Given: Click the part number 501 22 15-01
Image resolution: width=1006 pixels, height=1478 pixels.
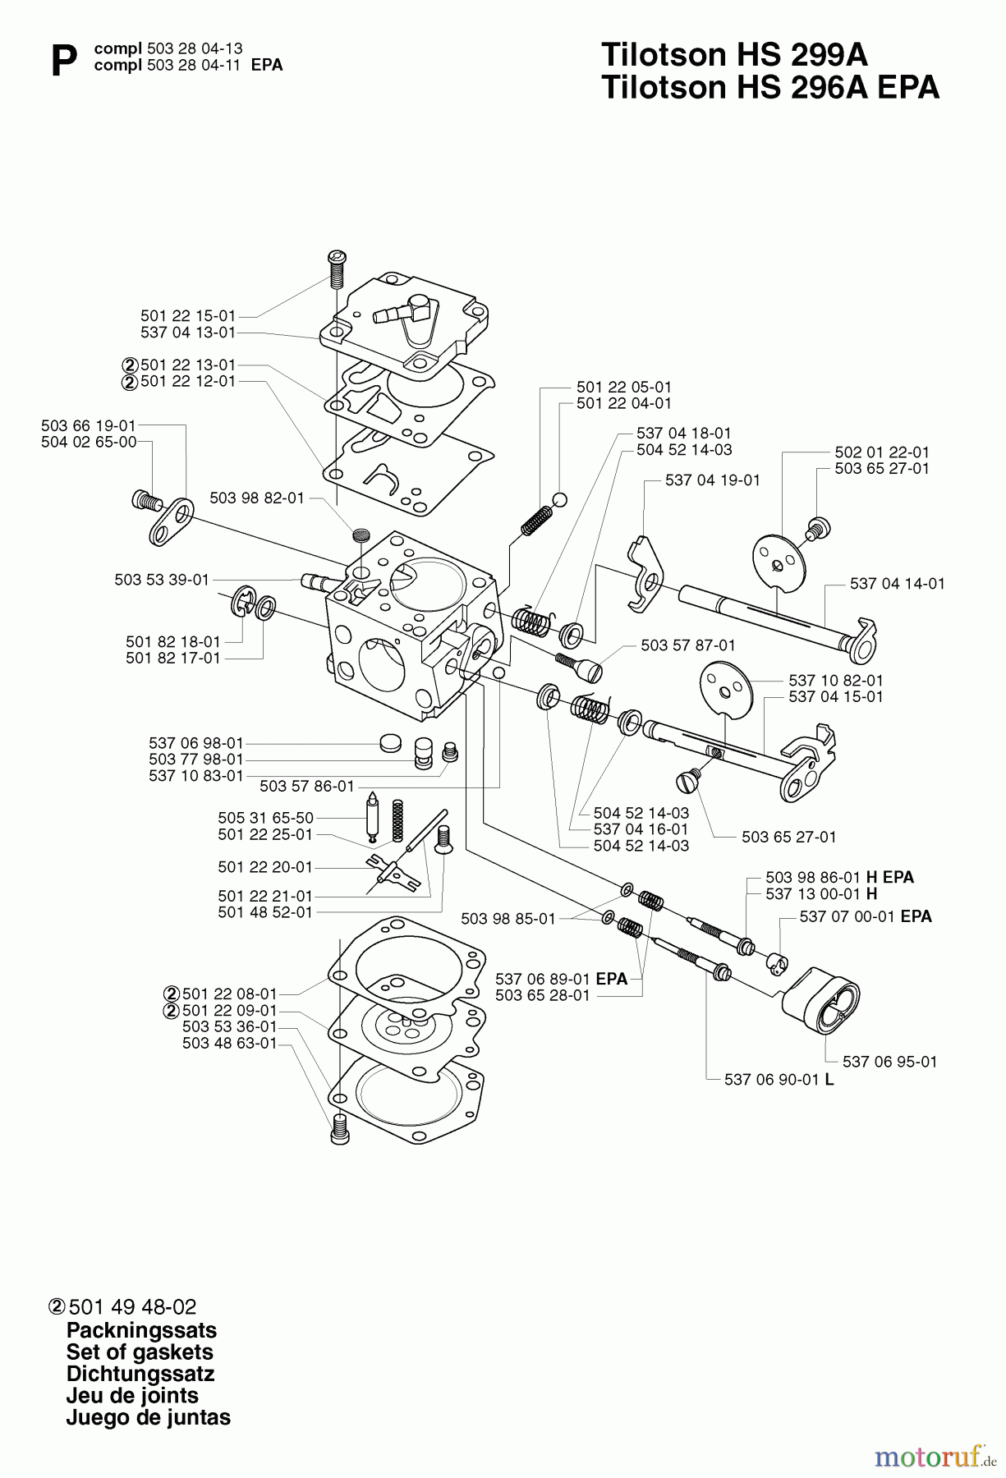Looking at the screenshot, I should coord(188,315).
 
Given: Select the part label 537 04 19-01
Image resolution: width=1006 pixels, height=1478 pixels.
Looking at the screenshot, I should coord(713,480).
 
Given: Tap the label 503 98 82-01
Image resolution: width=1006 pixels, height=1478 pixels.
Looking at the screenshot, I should coord(257,498).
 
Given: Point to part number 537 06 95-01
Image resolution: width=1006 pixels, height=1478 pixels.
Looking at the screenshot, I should coord(889,1062).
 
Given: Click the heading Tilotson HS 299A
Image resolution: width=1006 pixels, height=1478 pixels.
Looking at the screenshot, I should coord(734,55).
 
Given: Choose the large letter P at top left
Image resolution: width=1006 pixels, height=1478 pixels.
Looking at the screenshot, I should coord(63,62).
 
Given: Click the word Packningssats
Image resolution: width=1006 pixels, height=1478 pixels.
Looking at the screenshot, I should coord(141,1330).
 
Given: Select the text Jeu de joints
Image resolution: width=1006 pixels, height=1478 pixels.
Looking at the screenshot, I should coord(132,1395).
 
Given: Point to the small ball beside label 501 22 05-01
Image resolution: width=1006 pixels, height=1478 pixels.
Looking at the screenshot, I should coord(559,499).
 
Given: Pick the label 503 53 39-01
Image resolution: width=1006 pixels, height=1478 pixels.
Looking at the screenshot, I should coord(162,580).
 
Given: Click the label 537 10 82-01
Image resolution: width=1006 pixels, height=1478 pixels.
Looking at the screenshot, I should coord(836,681).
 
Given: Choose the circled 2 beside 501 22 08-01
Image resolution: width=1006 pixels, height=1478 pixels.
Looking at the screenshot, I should coord(171,994).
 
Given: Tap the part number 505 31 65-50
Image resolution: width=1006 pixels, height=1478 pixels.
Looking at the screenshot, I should coord(265,818).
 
